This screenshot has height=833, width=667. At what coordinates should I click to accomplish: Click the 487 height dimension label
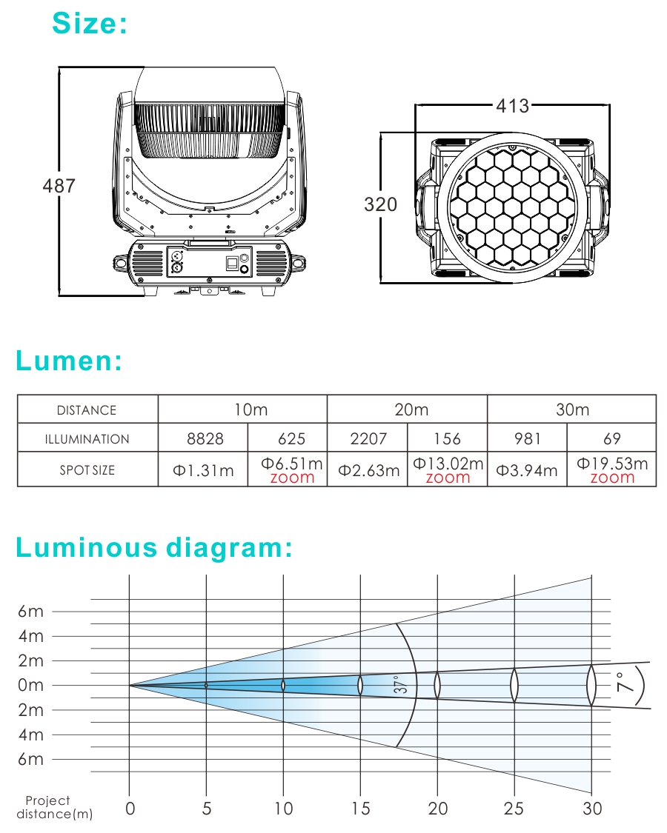[x=59, y=186]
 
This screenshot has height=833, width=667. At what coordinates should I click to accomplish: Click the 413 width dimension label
[x=513, y=106]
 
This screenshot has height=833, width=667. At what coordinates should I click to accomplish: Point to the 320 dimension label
[x=380, y=204]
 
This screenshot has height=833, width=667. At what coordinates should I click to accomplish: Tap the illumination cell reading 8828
[x=205, y=439]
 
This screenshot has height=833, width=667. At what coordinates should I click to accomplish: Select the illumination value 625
[x=291, y=439]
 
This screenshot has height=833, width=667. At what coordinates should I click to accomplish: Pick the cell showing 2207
[x=368, y=439]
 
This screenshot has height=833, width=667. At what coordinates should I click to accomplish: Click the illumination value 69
[x=611, y=439]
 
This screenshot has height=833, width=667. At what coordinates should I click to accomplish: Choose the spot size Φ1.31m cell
[x=203, y=470]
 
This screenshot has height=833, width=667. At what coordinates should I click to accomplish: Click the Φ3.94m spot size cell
[x=527, y=470]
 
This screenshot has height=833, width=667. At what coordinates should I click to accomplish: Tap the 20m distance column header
[x=411, y=409]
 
